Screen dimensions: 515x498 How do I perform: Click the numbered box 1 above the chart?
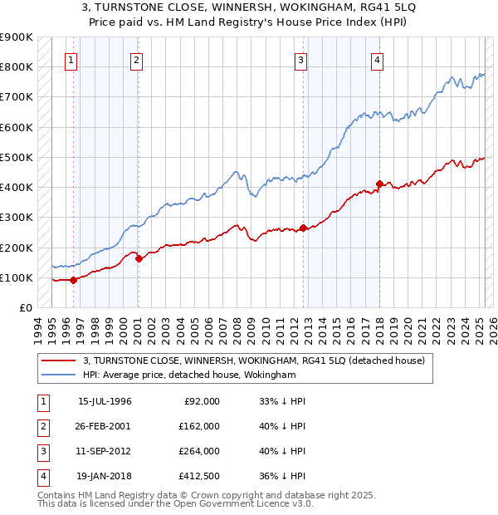[x=71, y=60]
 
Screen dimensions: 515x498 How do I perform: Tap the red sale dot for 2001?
[x=139, y=259]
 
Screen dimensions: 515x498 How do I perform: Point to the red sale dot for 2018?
[x=379, y=184]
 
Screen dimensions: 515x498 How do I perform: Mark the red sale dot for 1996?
[x=74, y=280]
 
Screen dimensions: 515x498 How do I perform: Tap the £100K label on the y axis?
[x=17, y=277]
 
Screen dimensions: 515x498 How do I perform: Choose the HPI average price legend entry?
[x=189, y=375]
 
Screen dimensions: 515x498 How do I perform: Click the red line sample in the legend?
[x=58, y=360]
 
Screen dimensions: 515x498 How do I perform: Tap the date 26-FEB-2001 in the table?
[x=105, y=426]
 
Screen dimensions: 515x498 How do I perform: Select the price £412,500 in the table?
[x=200, y=476]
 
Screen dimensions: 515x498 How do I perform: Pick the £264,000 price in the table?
[x=200, y=451]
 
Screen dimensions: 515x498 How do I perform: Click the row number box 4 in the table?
[x=42, y=476]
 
